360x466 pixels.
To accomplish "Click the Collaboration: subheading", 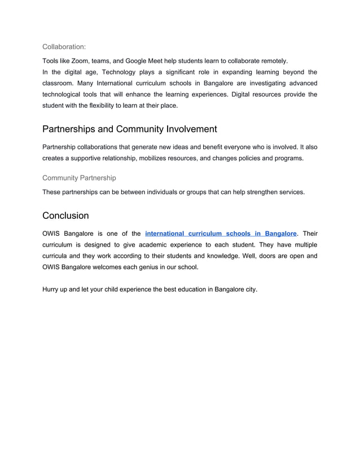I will [x=64, y=47].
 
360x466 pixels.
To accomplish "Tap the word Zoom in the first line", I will [x=81, y=60].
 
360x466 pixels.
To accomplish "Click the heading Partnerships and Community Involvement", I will [x=129, y=129].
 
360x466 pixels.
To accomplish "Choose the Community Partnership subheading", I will [x=79, y=178].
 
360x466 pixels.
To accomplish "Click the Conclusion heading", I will [x=65, y=216].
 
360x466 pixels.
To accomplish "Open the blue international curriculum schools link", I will [x=221, y=233].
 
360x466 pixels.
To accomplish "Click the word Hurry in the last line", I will [x=52, y=289].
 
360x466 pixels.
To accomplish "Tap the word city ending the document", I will [x=248, y=289].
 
